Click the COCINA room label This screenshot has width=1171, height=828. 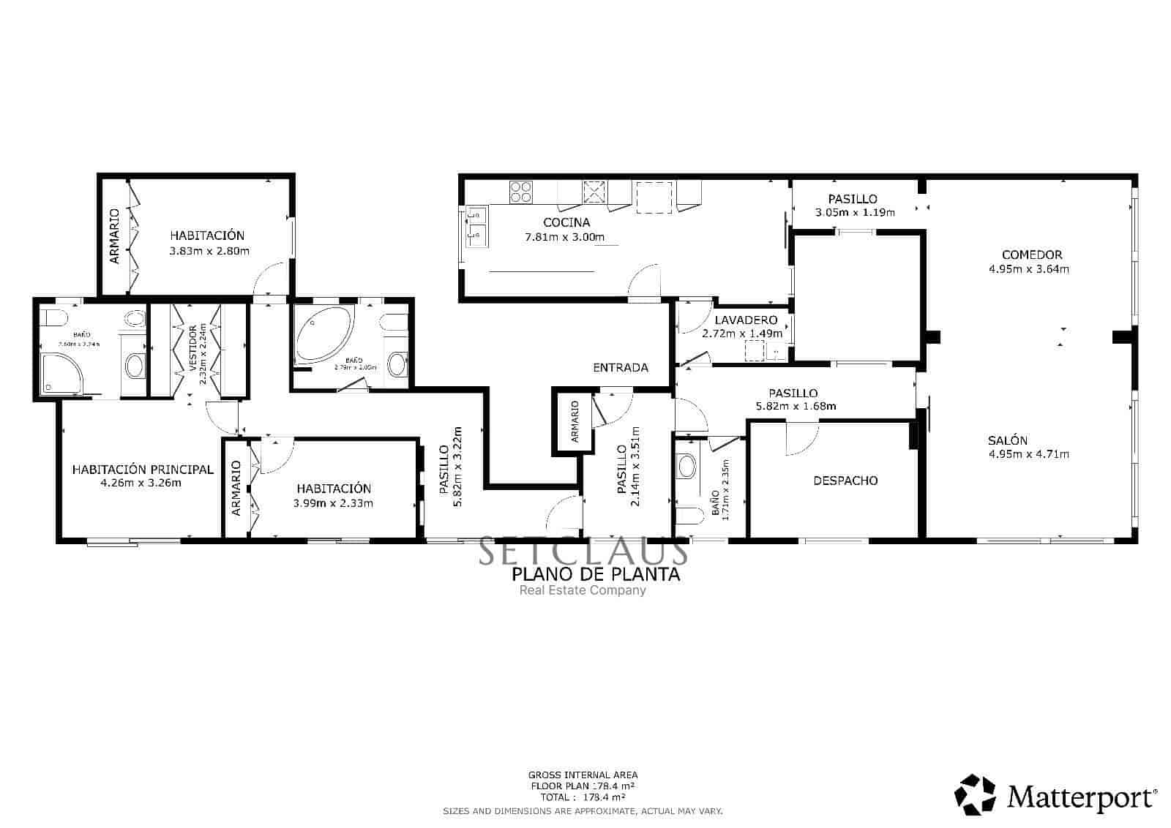566,222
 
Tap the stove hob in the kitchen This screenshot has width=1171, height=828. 521,191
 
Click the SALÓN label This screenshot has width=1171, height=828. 1008,440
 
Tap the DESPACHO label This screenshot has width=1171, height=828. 845,481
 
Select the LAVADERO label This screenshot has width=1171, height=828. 745,320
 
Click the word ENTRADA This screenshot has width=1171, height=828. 620,368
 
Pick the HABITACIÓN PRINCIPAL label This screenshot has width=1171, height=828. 143,470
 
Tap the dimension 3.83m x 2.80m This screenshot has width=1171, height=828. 209,251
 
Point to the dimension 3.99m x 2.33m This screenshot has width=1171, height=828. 333,503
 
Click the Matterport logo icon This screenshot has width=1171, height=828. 976,794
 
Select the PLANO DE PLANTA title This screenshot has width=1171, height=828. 596,574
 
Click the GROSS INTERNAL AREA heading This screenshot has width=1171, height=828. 583,775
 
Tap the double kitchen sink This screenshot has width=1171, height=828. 476,225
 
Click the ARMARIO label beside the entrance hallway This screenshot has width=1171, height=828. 575,421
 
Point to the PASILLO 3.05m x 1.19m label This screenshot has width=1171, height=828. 853,206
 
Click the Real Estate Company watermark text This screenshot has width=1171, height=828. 583,590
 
